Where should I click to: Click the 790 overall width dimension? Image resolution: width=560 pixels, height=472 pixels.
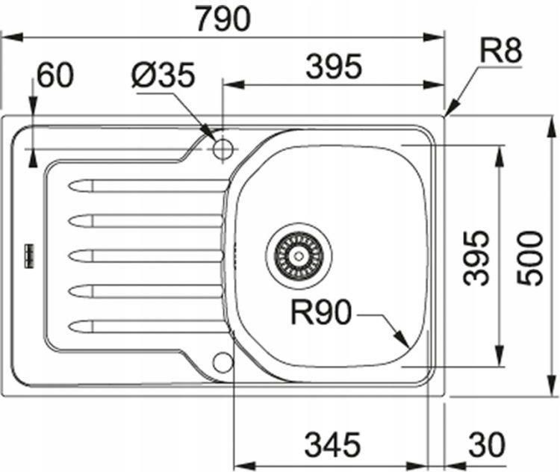pyautogui.click(x=223, y=19)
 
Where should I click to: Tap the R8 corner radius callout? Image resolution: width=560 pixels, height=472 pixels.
pyautogui.click(x=500, y=51)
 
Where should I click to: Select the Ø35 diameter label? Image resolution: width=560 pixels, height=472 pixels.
pyautogui.click(x=163, y=75)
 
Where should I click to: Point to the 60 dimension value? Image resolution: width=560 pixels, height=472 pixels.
pyautogui.click(x=55, y=75)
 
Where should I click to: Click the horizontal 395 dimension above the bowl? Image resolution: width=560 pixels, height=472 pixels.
pyautogui.click(x=334, y=66)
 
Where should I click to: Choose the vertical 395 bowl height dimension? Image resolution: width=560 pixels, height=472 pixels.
pyautogui.click(x=476, y=258)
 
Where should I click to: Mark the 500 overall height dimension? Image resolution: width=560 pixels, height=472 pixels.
pyautogui.click(x=530, y=258)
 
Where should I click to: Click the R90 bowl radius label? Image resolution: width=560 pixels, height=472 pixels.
pyautogui.click(x=321, y=312)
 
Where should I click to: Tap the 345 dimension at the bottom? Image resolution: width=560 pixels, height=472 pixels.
pyautogui.click(x=332, y=444)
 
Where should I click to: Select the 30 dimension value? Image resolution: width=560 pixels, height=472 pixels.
pyautogui.click(x=487, y=444)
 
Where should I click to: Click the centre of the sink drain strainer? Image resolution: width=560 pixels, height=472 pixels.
pyautogui.click(x=299, y=256)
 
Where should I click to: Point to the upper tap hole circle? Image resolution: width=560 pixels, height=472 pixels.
pyautogui.click(x=223, y=149)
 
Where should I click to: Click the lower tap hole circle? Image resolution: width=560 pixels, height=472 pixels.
pyautogui.click(x=223, y=362)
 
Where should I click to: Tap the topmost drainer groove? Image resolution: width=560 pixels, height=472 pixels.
pyautogui.click(x=148, y=186)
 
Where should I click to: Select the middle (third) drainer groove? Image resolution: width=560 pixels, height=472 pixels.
pyautogui.click(x=146, y=256)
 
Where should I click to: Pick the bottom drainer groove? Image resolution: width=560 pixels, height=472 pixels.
pyautogui.click(x=148, y=326)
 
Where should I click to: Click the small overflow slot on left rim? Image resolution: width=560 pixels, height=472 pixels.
pyautogui.click(x=28, y=256)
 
